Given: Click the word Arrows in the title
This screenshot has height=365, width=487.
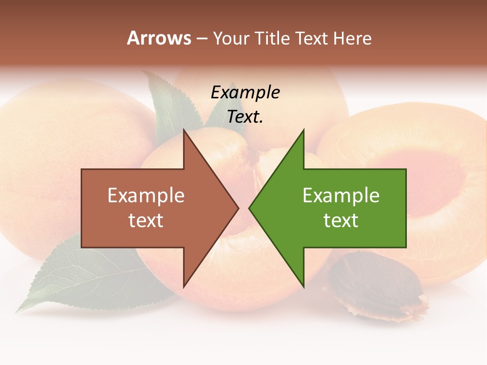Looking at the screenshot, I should [x=159, y=38].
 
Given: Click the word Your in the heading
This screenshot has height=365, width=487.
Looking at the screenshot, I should [x=231, y=38].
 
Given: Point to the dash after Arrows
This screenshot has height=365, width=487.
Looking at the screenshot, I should [x=201, y=39].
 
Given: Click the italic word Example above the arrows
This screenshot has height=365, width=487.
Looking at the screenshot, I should [x=245, y=93].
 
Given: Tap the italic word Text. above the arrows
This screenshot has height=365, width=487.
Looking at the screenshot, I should [x=245, y=117].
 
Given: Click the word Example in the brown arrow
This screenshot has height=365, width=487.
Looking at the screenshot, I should [x=146, y=196].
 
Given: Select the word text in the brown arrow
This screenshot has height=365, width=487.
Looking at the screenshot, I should [x=146, y=221].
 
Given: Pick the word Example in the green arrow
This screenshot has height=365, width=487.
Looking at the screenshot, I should [x=341, y=196].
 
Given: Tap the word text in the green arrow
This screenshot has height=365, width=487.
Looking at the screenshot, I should [x=341, y=221].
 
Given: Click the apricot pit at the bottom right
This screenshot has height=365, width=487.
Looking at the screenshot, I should [x=375, y=287].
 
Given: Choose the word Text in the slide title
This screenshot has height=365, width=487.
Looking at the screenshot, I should [x=312, y=38].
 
